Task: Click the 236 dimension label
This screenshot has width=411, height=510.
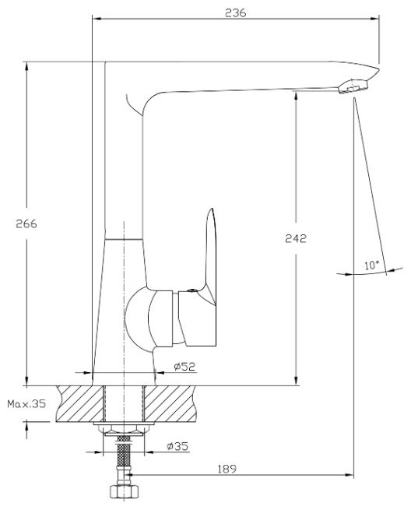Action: click(235, 12)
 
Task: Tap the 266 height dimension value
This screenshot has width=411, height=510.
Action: click(26, 223)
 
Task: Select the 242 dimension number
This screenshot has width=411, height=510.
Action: click(296, 238)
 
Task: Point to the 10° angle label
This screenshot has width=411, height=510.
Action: click(371, 265)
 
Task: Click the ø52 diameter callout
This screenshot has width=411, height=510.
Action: click(184, 367)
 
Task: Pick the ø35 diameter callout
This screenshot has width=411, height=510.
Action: click(177, 446)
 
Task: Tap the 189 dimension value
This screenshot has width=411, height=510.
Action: click(227, 469)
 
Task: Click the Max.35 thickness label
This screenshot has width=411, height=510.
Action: click(26, 404)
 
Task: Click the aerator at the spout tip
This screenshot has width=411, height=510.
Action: click(353, 86)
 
